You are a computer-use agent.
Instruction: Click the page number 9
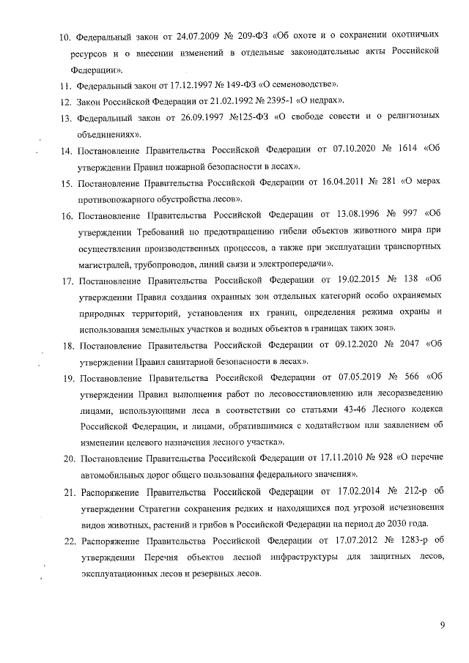tap(443, 624)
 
